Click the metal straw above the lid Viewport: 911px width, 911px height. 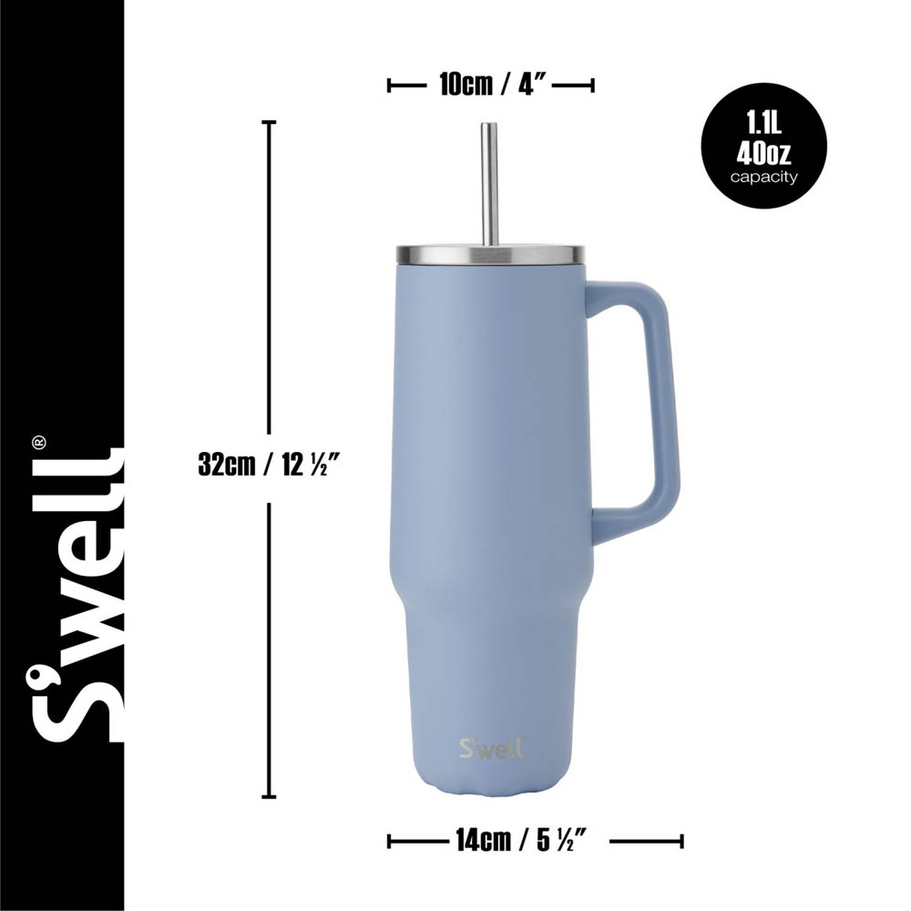point(489,182)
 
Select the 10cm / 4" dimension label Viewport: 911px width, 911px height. point(491,85)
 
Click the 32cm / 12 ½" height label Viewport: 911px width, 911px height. point(270,464)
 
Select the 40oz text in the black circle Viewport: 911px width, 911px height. point(763,148)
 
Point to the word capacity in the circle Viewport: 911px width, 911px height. point(763,177)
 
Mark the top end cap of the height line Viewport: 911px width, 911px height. point(269,121)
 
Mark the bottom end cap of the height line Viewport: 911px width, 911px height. point(269,797)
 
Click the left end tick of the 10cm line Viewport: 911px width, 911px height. point(389,85)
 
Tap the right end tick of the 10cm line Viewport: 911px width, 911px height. point(593,85)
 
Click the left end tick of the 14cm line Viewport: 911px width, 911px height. point(389,840)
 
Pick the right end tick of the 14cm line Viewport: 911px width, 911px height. point(681,840)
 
